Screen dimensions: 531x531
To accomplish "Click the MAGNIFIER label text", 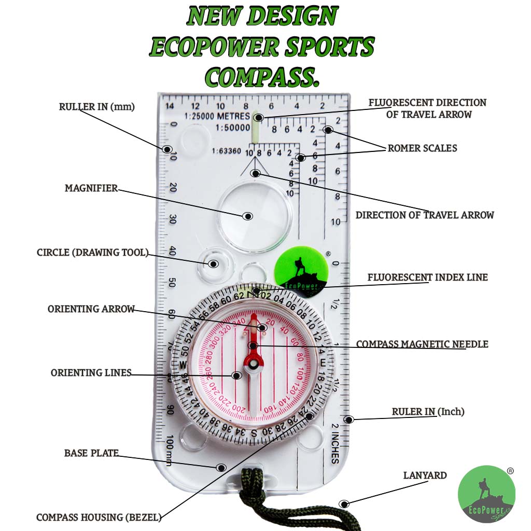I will point(91,188).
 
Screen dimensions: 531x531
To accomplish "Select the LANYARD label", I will point(425,476).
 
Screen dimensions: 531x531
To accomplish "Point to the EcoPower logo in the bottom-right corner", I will point(486,494).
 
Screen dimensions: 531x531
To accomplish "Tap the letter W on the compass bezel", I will point(183,365).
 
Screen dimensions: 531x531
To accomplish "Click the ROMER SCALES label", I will point(422,148).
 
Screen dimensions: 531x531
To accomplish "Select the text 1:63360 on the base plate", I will point(226,151).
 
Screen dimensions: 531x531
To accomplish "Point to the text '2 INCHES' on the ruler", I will point(335,443).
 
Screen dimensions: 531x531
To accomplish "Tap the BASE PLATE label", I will point(91,453).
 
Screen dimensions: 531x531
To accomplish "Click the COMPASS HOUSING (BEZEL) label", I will point(99,518).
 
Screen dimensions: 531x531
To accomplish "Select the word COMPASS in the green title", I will point(262,77).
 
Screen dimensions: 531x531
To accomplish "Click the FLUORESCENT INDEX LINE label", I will point(427,277).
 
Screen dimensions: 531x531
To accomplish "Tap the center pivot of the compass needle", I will point(254,365).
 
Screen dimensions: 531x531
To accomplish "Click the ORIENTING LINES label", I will point(91,373).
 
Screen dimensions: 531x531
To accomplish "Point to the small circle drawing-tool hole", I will point(213,263).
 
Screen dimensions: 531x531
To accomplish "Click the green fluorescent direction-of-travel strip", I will point(256,130).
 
